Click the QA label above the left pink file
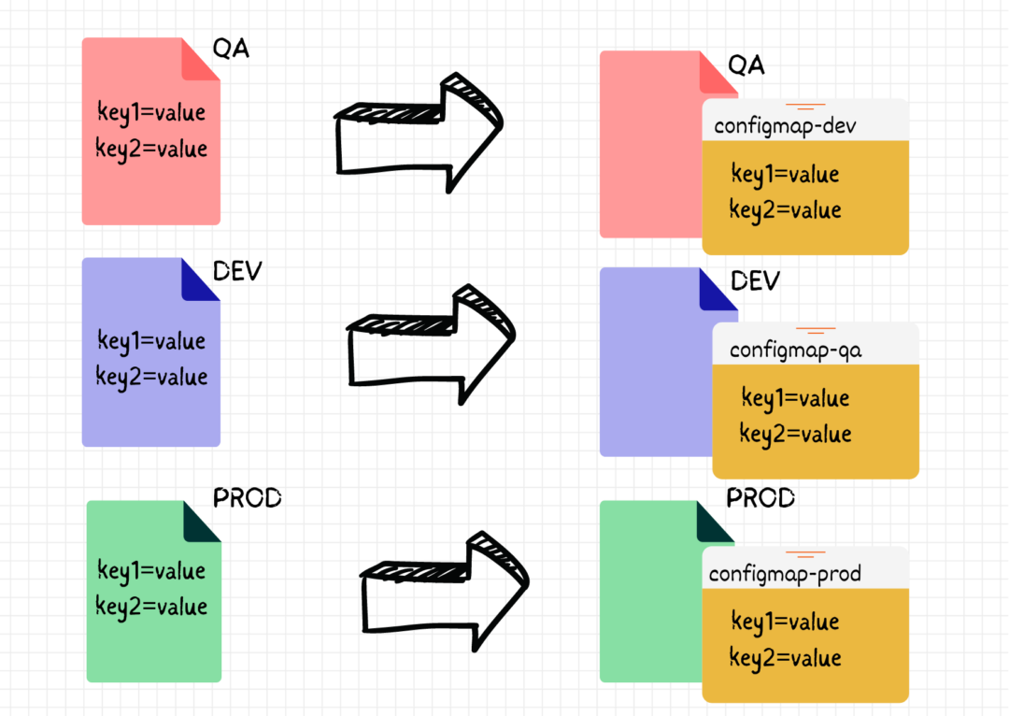pos(232,49)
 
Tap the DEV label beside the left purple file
pos(237,272)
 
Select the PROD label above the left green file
pos(247,498)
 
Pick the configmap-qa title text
pos(795,351)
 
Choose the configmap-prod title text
pos(785,574)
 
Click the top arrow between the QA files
pos(418,131)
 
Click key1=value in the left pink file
pos(151,113)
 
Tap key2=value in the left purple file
pos(151,377)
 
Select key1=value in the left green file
pos(151,570)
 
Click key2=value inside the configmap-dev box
pos(785,210)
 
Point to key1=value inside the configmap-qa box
pos(795,398)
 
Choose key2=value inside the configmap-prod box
pos(785,657)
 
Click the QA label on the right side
pos(746,65)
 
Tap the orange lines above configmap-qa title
pos(815,331)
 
